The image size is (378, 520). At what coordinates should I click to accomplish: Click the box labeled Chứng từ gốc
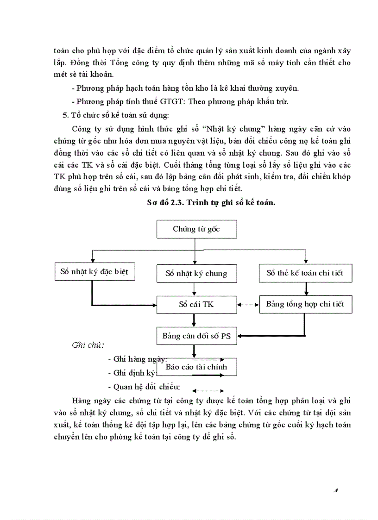pos(196,229)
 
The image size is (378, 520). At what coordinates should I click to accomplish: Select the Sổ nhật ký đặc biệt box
pos(94,271)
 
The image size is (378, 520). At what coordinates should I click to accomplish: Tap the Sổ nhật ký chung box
pos(196,273)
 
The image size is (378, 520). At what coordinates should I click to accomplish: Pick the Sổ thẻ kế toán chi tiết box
pos(305,273)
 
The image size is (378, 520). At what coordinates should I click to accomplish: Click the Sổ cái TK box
pos(196,305)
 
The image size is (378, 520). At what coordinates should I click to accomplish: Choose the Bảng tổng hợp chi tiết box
pos(305,305)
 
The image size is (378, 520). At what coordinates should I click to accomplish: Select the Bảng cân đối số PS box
pos(196,336)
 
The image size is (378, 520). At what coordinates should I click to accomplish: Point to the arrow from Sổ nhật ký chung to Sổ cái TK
pos(195,290)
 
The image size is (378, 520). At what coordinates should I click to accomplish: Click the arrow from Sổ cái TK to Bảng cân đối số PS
pos(195,320)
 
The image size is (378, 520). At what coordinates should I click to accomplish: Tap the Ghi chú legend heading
pos(88,345)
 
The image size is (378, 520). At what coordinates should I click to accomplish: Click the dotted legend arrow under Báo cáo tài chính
pos(208,390)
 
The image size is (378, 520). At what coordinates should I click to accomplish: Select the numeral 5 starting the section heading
pos(65,114)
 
